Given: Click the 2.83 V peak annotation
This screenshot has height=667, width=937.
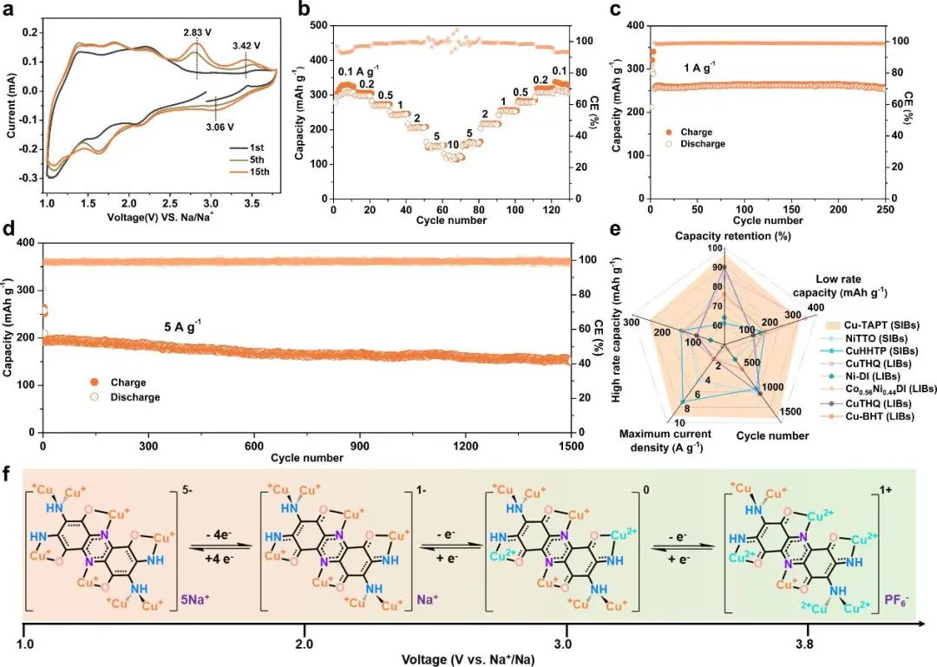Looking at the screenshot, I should (198, 32).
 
